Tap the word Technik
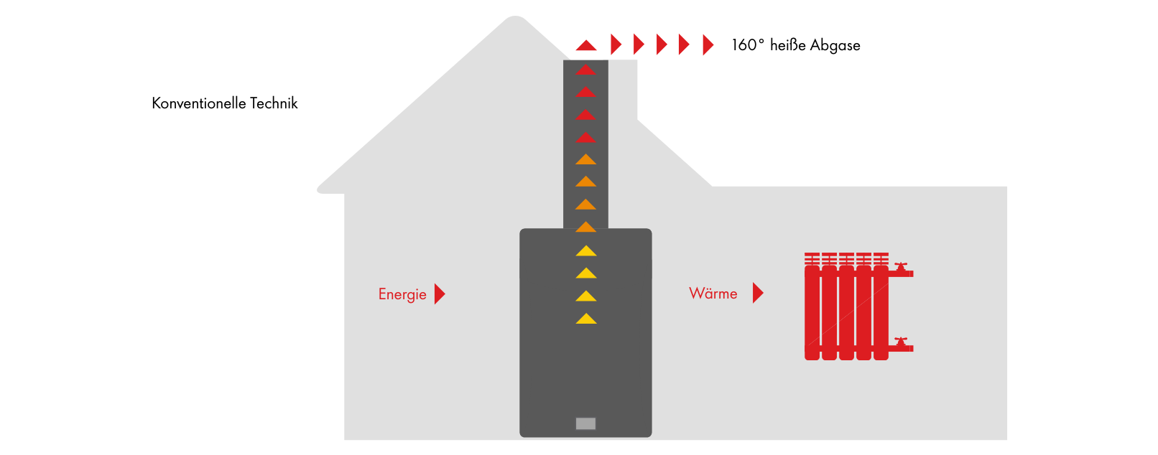(x=274, y=103)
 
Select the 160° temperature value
(x=748, y=45)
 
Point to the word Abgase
(x=835, y=46)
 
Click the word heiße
(x=788, y=45)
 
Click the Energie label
(x=402, y=294)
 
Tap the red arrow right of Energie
(x=440, y=294)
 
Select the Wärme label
(x=713, y=294)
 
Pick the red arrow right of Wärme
(x=758, y=293)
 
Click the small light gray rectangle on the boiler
(x=585, y=423)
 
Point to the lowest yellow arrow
(x=586, y=319)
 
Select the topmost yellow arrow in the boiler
(x=586, y=251)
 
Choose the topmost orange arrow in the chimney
(x=586, y=159)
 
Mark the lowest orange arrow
(x=586, y=227)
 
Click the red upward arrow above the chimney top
(x=586, y=46)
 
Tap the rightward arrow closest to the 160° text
(x=708, y=45)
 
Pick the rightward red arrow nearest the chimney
(x=616, y=44)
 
